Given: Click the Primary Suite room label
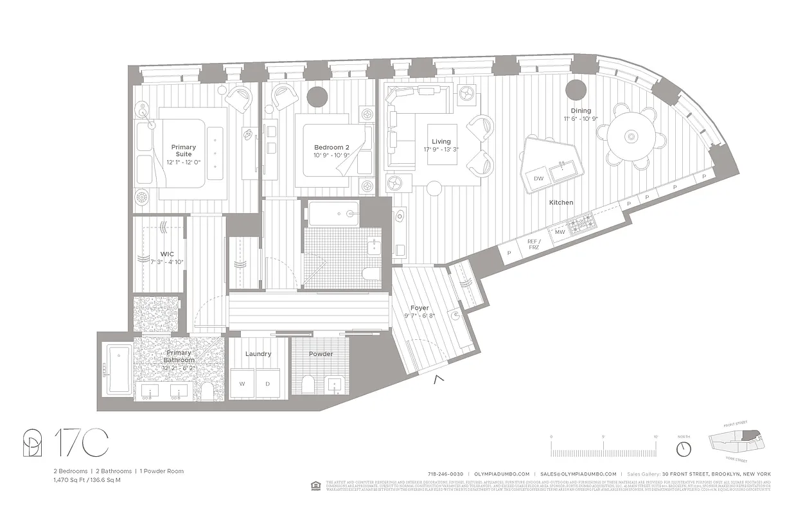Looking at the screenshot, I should tap(184, 151).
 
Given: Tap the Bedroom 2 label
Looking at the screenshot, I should tap(331, 147).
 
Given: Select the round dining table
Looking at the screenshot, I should tap(631, 137).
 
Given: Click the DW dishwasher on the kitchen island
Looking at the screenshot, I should tap(538, 178).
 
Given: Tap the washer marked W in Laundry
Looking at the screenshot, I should tap(242, 384).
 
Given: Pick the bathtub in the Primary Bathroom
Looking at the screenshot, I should tap(119, 369).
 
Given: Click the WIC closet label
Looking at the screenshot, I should tap(168, 254).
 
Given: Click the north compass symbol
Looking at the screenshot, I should tap(684, 448).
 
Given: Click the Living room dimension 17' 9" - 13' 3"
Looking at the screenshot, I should tap(441, 150).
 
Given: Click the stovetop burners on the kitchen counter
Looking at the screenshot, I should tap(581, 224).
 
